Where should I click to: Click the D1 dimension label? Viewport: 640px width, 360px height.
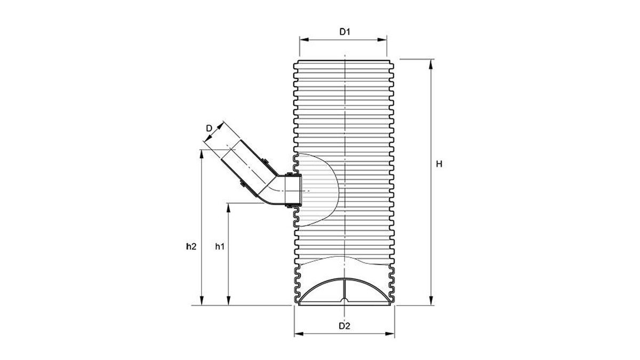pyautogui.click(x=345, y=31)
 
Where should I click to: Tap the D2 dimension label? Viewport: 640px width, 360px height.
pyautogui.click(x=345, y=326)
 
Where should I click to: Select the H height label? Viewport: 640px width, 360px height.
pyautogui.click(x=439, y=164)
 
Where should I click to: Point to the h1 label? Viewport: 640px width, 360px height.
pyautogui.click(x=220, y=246)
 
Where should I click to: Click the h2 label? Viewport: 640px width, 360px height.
pyautogui.click(x=191, y=246)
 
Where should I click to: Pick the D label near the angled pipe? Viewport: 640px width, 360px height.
pyautogui.click(x=209, y=129)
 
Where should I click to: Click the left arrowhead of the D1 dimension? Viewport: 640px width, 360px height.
pyautogui.click(x=303, y=40)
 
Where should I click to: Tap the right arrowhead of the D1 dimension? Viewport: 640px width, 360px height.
pyautogui.click(x=382, y=40)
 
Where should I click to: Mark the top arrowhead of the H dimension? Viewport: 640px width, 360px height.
pyautogui.click(x=431, y=64)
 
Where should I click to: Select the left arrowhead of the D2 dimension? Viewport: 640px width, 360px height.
pyautogui.click(x=299, y=334)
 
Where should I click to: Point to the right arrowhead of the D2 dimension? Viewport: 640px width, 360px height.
pyautogui.click(x=390, y=334)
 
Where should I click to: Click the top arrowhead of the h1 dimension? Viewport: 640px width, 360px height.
pyautogui.click(x=228, y=208)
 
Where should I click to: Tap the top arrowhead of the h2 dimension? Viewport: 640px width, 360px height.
pyautogui.click(x=202, y=154)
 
